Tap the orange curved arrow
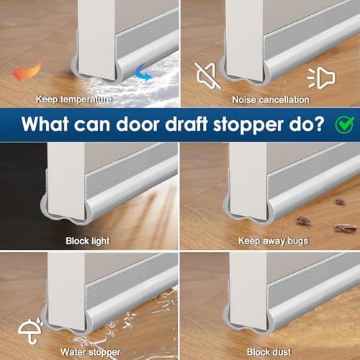click(27, 70)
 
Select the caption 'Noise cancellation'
click(270, 99)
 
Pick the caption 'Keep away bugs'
click(270, 240)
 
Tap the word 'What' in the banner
click(48, 123)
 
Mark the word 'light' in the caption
click(99, 240)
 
